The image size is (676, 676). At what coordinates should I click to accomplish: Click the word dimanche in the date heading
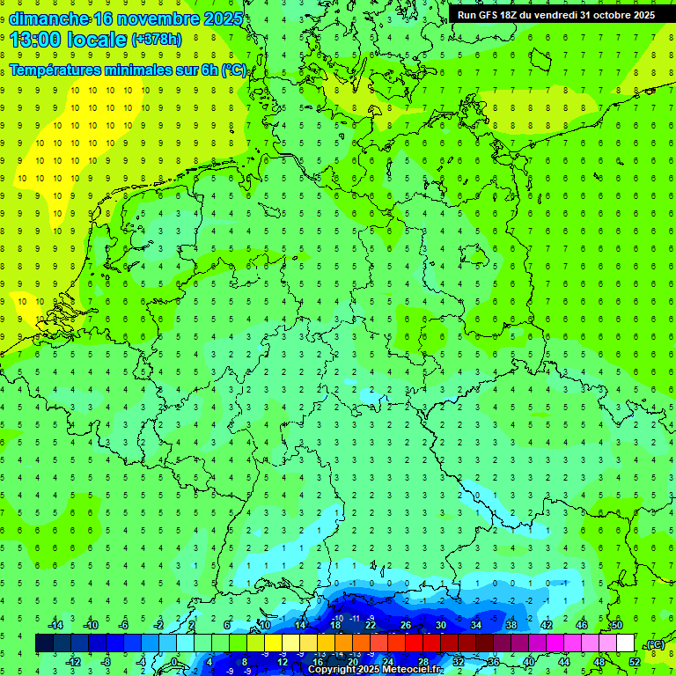coord(48,18)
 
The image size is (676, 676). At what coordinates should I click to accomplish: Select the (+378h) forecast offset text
coord(157,40)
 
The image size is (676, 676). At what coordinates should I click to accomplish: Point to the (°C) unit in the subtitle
coord(234,70)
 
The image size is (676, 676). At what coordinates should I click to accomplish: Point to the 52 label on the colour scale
coord(635,661)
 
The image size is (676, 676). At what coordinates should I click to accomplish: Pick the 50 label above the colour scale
coord(617,625)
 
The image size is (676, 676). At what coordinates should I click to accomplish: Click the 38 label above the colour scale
coord(511,625)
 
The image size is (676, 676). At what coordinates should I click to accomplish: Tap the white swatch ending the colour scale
coord(626,643)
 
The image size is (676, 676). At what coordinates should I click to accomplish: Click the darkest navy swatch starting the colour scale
coord(44,643)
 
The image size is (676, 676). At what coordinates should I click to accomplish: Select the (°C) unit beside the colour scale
coord(656,644)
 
